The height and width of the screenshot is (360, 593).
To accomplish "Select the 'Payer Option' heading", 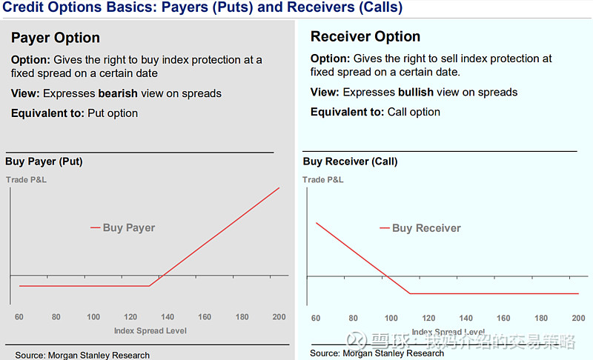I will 56,38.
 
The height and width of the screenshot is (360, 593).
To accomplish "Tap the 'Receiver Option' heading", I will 365,36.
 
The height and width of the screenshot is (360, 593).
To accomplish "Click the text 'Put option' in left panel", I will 113,113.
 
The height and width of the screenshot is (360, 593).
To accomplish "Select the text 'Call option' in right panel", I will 414,112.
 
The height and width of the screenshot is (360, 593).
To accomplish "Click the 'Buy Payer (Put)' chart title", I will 44,161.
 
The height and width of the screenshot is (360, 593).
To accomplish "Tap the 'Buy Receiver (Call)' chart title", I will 350,161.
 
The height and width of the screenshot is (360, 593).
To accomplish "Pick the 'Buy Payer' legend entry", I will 128,227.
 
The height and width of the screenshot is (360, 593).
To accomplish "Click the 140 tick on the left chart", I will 168,317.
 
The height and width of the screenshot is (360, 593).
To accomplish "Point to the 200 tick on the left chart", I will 279,317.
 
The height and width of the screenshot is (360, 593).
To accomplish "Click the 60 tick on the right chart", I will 317,318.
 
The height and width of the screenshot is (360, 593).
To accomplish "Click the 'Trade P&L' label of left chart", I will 26,179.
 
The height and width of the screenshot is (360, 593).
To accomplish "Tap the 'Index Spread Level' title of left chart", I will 150,330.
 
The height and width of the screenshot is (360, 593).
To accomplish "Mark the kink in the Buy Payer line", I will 149,286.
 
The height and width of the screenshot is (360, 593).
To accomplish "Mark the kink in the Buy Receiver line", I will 410,293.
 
